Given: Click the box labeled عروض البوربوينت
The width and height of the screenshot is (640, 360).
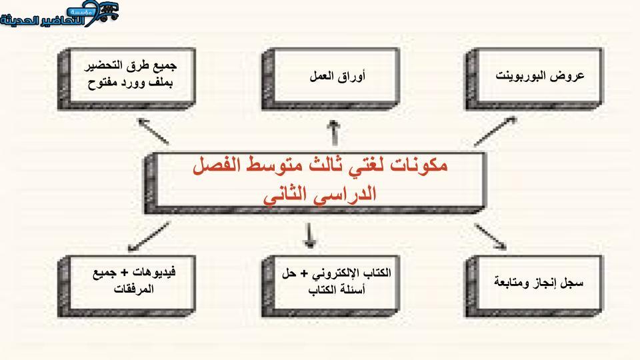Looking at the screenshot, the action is pos(534,79).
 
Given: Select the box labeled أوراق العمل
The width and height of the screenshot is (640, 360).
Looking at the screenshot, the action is pos(331,79).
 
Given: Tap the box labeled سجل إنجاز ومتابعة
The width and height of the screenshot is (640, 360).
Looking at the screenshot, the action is pos(534,287).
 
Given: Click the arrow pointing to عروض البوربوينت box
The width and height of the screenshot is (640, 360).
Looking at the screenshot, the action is pos(495,131).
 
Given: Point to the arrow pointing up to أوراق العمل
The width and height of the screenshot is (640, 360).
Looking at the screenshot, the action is pos(334,133).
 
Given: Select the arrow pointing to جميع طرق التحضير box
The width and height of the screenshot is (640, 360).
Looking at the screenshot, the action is pos(153,131).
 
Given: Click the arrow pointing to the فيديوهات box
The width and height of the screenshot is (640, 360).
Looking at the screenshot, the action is pos(149,237).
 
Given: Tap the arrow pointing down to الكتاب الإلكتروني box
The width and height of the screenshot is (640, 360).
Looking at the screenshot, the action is pos(310,235).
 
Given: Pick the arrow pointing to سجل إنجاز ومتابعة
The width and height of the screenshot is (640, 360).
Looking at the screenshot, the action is pos(490,236).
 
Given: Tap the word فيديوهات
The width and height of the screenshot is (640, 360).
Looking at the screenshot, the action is pos(154,272).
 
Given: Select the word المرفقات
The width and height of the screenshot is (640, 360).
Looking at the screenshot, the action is pos(133,289).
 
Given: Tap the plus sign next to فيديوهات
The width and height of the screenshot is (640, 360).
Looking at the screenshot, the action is pos(125,272).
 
